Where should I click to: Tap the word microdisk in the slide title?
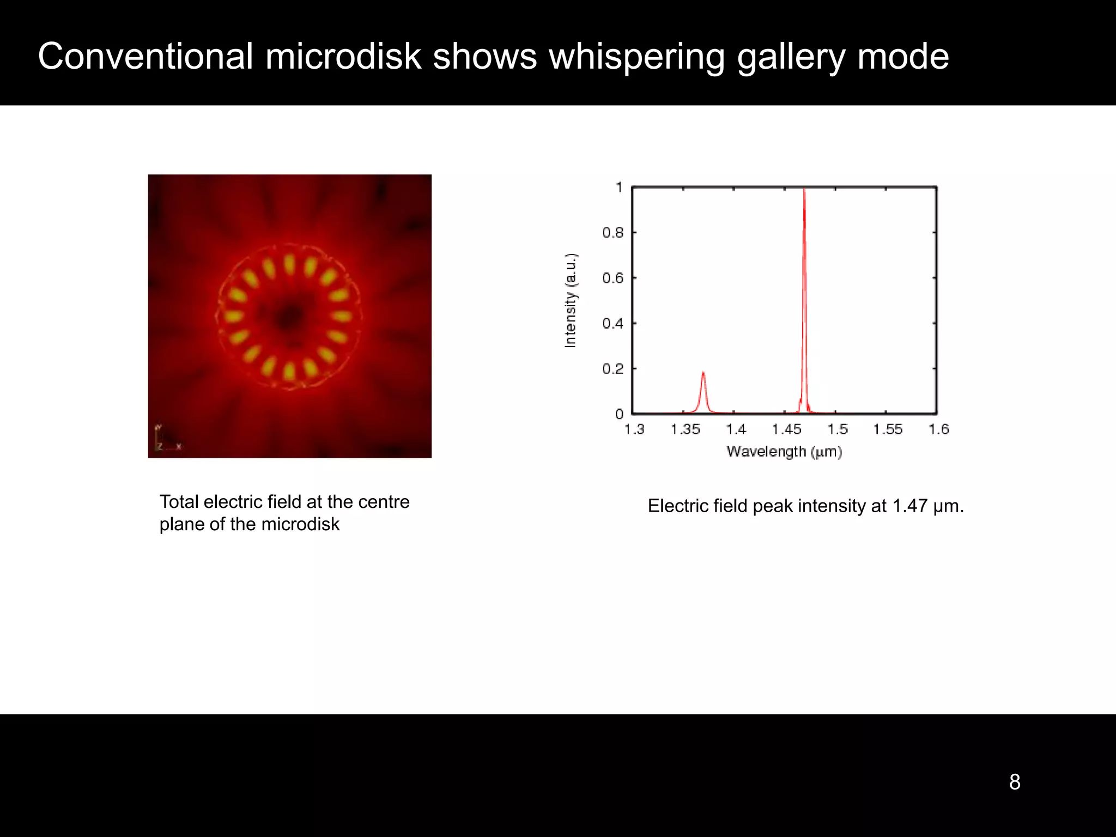point(343,57)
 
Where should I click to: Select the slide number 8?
point(1014,782)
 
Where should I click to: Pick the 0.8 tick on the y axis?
point(612,233)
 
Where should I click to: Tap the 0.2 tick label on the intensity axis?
point(612,369)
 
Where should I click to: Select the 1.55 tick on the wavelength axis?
point(888,429)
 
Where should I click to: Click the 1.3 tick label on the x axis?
point(634,429)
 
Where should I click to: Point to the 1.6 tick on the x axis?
point(938,429)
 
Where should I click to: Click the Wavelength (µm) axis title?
point(784,452)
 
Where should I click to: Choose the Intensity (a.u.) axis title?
point(570,301)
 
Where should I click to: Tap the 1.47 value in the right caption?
point(910,506)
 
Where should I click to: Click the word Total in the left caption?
point(179,502)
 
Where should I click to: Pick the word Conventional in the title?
point(145,57)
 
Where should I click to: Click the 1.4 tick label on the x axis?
point(736,429)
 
